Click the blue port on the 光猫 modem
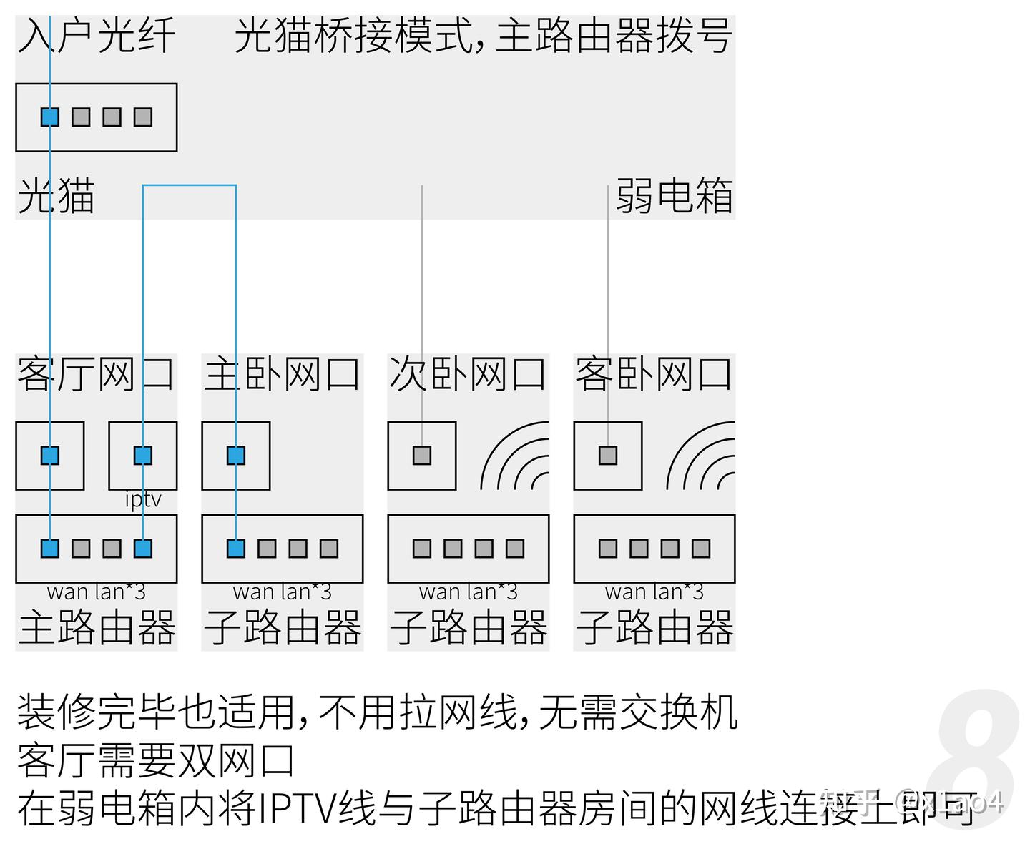point(49,117)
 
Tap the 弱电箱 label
point(675,196)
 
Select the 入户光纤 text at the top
point(96,36)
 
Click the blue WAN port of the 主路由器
point(49,549)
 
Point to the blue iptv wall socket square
point(143,456)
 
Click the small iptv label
point(143,499)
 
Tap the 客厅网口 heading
point(96,374)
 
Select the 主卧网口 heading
point(282,374)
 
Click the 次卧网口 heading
point(468,374)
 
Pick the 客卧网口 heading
point(654,374)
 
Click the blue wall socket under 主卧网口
point(236,456)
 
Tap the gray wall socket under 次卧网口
point(422,456)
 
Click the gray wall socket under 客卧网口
point(608,456)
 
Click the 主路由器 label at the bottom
point(97,627)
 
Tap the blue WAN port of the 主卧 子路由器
point(236,549)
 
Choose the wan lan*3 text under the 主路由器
point(97,592)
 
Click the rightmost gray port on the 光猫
point(143,117)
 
